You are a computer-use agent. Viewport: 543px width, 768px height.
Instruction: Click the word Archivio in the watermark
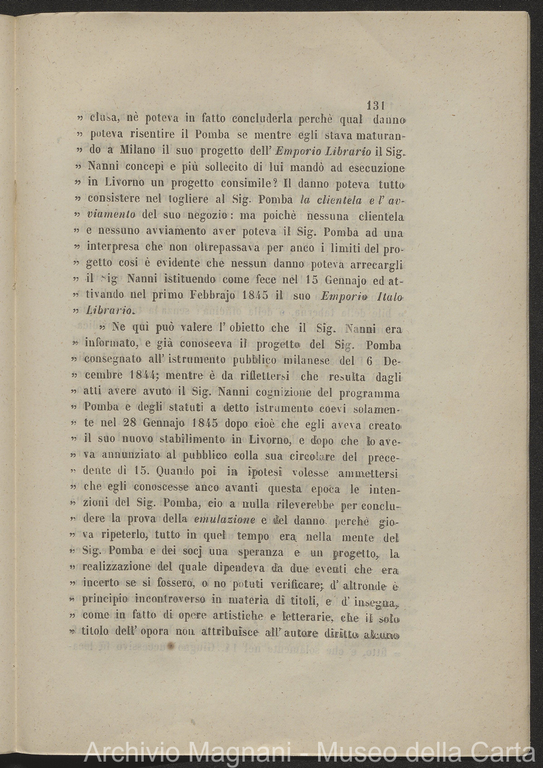point(124,752)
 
